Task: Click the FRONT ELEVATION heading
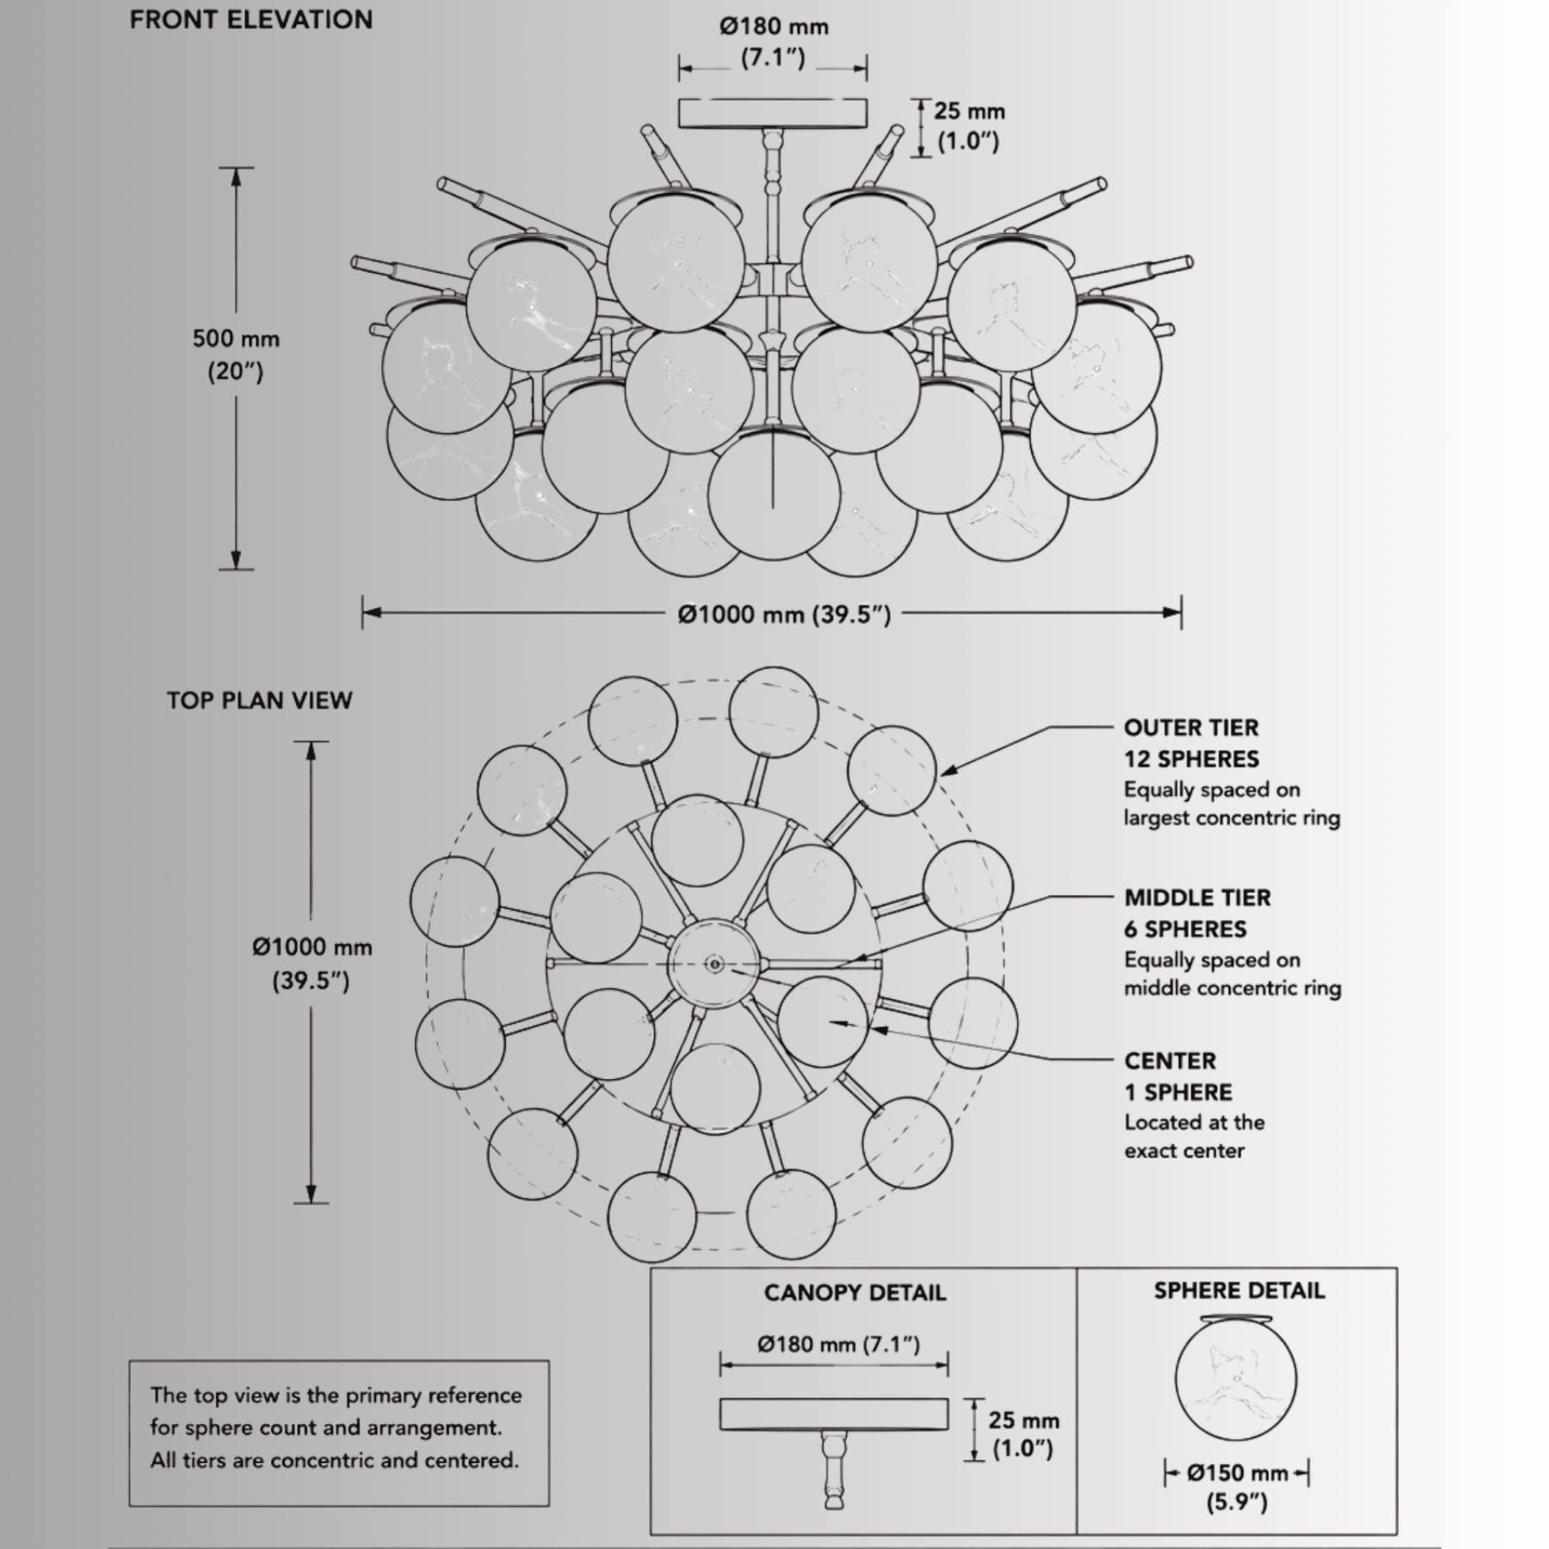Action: [251, 20]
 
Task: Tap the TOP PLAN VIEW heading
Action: [260, 700]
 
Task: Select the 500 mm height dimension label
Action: [236, 339]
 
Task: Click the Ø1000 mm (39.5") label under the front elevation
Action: [784, 614]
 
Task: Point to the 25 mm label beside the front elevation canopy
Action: [970, 111]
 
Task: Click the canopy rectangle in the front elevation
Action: [773, 114]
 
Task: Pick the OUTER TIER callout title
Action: [1191, 728]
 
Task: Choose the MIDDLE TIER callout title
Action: [1197, 898]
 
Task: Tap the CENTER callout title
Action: [1170, 1061]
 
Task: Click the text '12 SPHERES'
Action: [1191, 759]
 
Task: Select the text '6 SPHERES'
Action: [1185, 929]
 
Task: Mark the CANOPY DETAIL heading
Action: [855, 1293]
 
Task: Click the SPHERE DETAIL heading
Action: [1239, 1291]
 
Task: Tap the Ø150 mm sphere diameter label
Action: [1237, 1473]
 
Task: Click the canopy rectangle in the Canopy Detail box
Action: [834, 1414]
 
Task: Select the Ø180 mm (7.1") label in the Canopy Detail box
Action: [839, 1344]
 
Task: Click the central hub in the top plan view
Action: [714, 964]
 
